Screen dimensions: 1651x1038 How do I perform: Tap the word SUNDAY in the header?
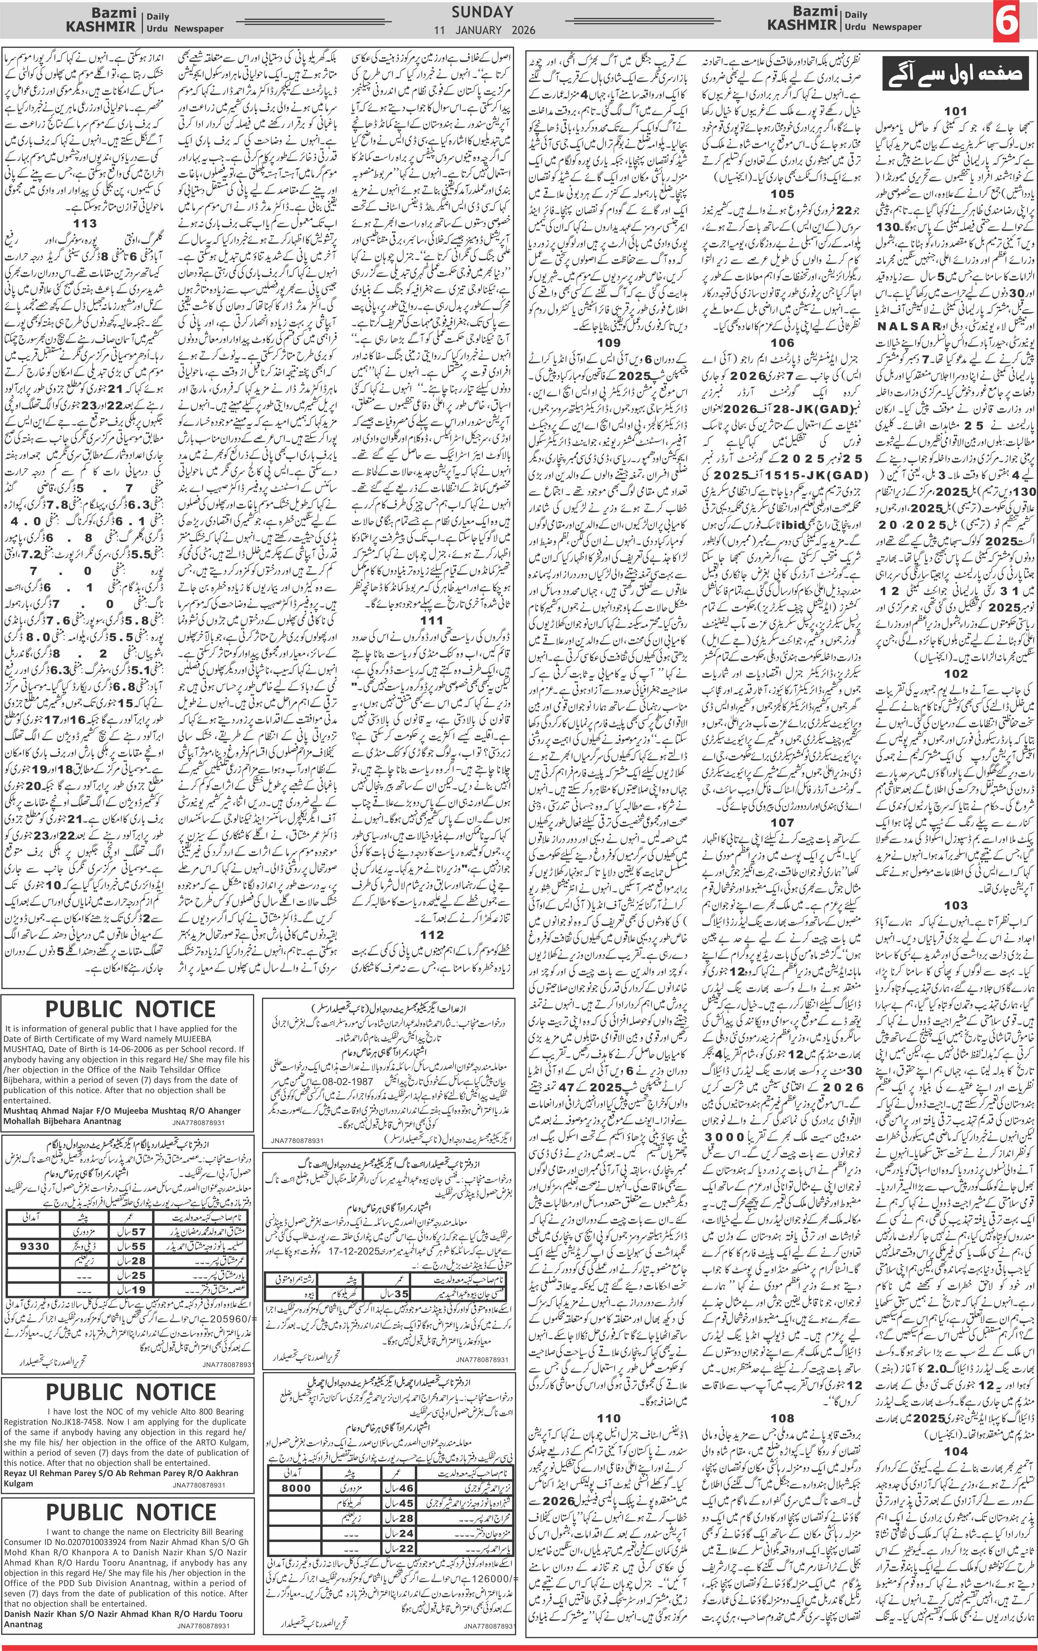(483, 12)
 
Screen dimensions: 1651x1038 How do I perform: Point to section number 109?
(609, 343)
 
